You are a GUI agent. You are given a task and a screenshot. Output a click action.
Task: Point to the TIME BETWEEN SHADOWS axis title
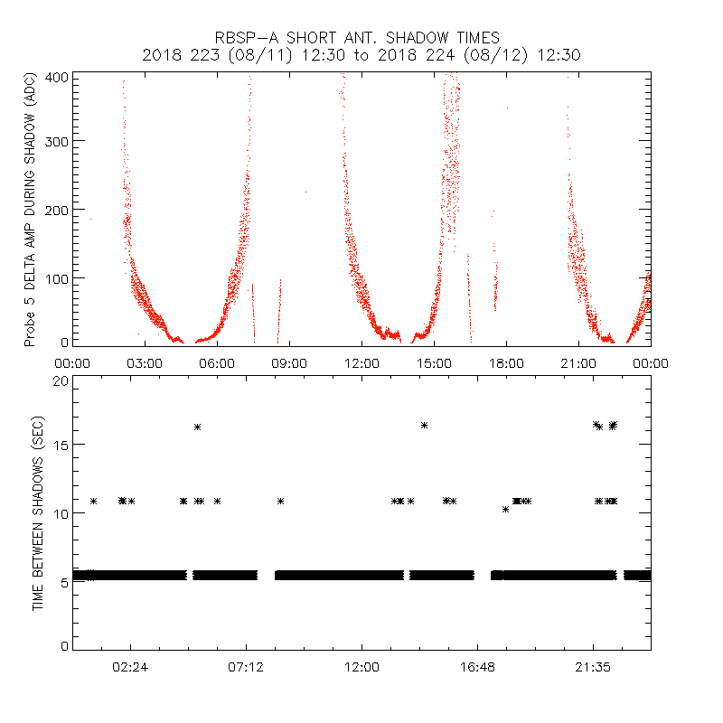(x=38, y=512)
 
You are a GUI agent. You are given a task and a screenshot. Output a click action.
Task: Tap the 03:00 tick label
(x=145, y=363)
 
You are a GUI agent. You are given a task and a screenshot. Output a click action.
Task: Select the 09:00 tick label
(x=289, y=363)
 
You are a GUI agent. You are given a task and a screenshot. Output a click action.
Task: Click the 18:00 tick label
(x=506, y=363)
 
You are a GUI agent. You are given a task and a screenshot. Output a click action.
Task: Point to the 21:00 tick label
(x=578, y=363)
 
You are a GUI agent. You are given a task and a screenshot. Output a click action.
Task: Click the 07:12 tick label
(x=246, y=667)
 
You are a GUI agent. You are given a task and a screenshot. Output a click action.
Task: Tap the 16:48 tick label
(x=477, y=667)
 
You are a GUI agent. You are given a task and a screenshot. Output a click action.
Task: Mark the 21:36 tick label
(x=593, y=667)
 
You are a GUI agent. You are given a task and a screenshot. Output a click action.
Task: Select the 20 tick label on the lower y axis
(x=61, y=381)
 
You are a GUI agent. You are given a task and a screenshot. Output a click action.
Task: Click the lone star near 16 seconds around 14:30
(x=424, y=425)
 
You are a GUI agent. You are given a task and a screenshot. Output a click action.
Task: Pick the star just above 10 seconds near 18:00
(x=506, y=509)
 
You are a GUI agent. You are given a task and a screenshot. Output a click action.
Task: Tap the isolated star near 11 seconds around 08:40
(x=281, y=501)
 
